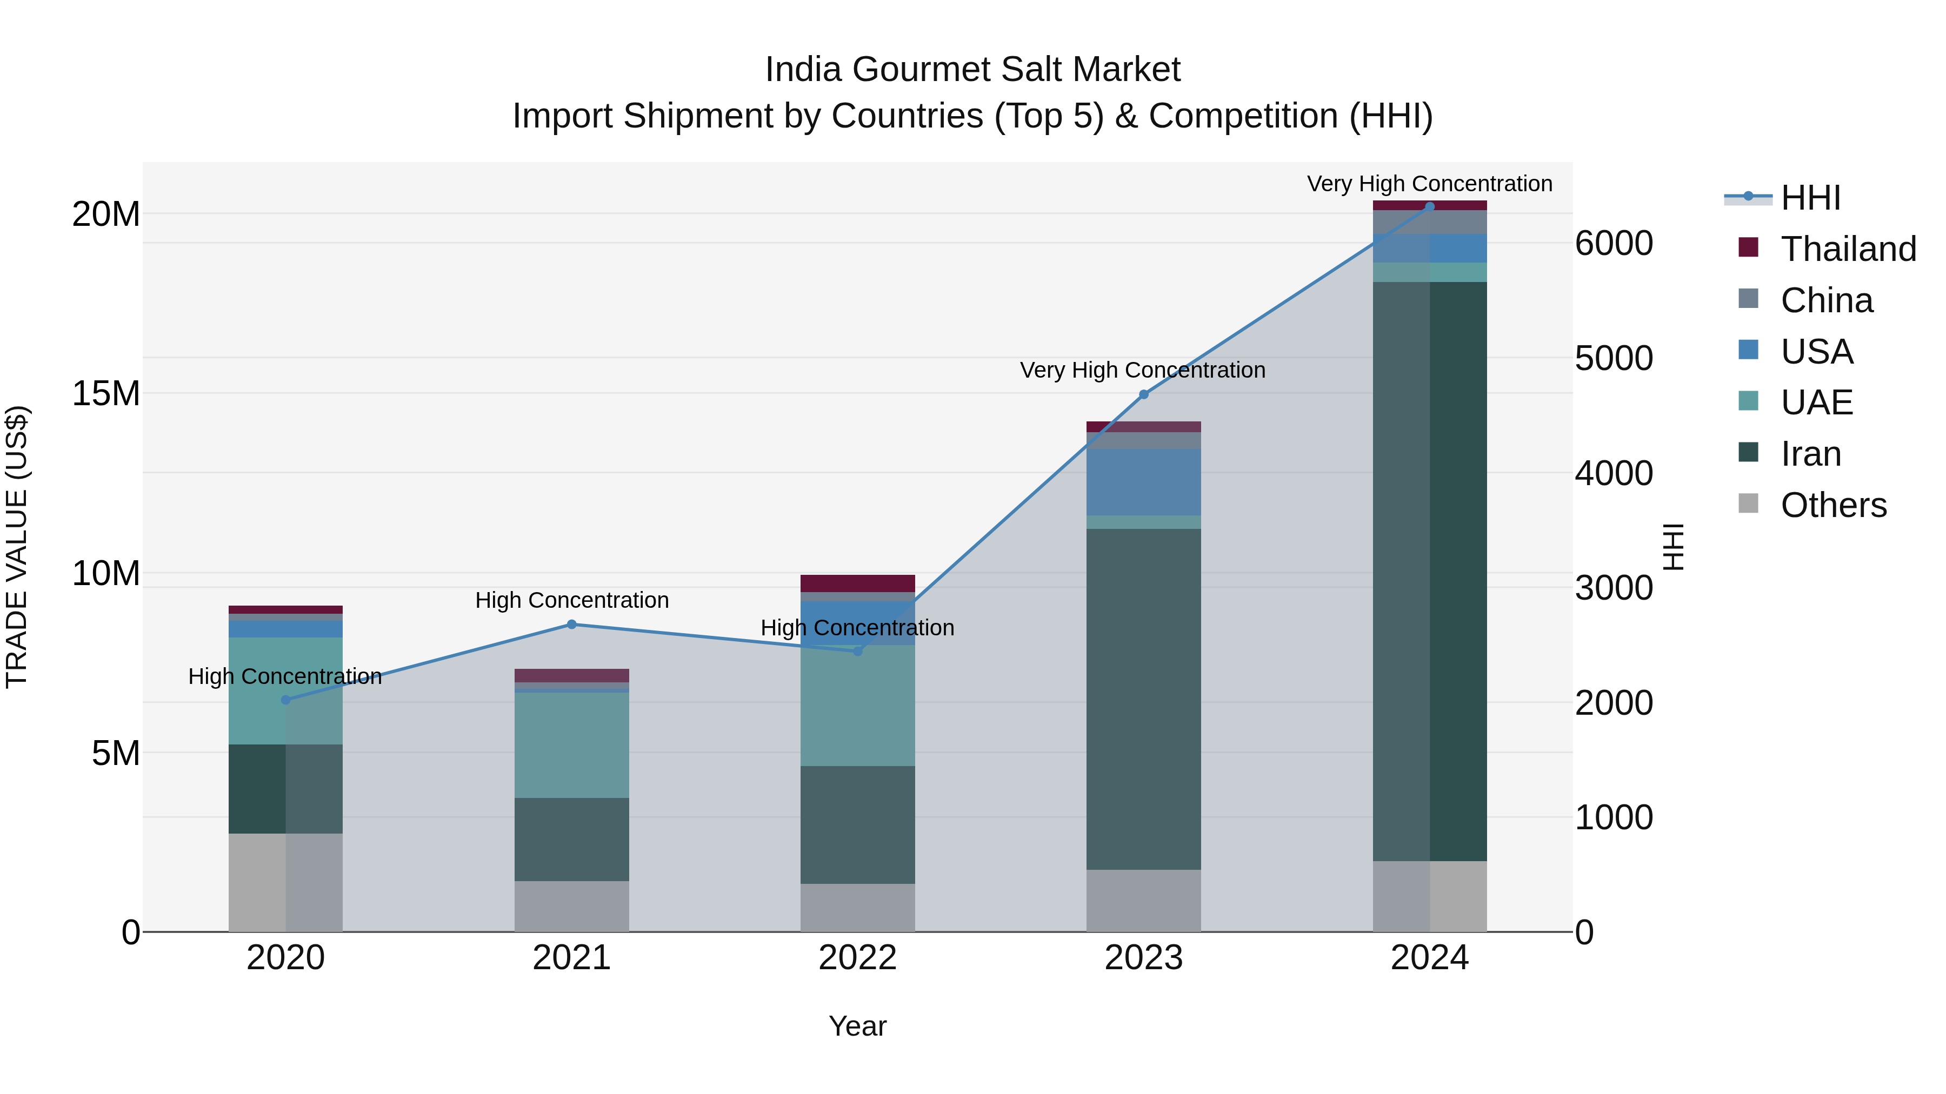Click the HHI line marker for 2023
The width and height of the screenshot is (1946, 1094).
pyautogui.click(x=1143, y=394)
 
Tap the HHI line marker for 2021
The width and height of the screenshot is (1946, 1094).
pyautogui.click(x=572, y=625)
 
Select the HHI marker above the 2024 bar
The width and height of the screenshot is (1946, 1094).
pyautogui.click(x=1429, y=207)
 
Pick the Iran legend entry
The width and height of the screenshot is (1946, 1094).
pyautogui.click(x=1810, y=454)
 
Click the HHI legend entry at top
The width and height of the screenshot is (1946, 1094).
pyautogui.click(x=1810, y=198)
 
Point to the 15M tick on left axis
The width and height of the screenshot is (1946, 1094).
pyautogui.click(x=106, y=393)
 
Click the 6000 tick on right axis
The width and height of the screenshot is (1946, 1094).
pyautogui.click(x=1614, y=243)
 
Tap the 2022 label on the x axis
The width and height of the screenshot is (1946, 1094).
pyautogui.click(x=857, y=958)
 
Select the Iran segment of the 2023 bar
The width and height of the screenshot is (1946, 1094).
pyautogui.click(x=1143, y=699)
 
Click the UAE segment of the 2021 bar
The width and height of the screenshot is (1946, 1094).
pyautogui.click(x=572, y=744)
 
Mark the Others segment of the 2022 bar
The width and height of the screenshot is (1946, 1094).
pyautogui.click(x=857, y=908)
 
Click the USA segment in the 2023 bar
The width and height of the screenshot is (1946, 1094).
pyautogui.click(x=1143, y=482)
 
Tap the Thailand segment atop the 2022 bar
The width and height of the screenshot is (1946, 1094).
pyautogui.click(x=857, y=583)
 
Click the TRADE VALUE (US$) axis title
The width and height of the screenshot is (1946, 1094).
pyautogui.click(x=17, y=547)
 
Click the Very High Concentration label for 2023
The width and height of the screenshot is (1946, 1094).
pyautogui.click(x=1142, y=370)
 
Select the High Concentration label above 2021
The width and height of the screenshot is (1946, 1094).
pyautogui.click(x=572, y=600)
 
